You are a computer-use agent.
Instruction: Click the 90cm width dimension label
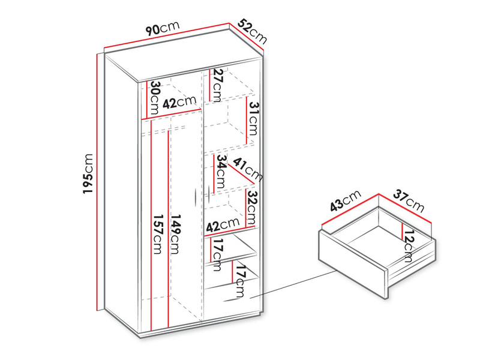(x=163, y=28)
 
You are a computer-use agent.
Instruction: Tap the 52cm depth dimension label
(x=252, y=31)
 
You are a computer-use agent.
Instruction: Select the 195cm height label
(x=88, y=173)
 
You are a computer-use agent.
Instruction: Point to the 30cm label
(x=155, y=97)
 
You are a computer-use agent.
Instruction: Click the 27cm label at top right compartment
(x=218, y=85)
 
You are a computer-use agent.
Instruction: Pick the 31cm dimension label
(x=254, y=119)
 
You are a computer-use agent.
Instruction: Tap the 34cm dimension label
(x=221, y=172)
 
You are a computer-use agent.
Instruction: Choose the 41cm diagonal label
(x=248, y=169)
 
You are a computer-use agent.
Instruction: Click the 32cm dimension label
(x=252, y=207)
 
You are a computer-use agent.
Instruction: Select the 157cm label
(x=157, y=234)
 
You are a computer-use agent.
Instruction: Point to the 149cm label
(x=175, y=234)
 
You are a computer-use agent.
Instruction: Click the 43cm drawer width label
(x=346, y=201)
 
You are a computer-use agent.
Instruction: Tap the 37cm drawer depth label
(x=409, y=201)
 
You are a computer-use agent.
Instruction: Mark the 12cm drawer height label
(x=409, y=246)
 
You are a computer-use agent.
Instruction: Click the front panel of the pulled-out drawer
(x=353, y=265)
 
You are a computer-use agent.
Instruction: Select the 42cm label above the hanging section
(x=179, y=102)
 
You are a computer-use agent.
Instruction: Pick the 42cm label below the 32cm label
(x=223, y=225)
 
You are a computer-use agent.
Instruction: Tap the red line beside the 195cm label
(x=98, y=182)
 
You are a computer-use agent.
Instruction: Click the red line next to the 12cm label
(x=401, y=230)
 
